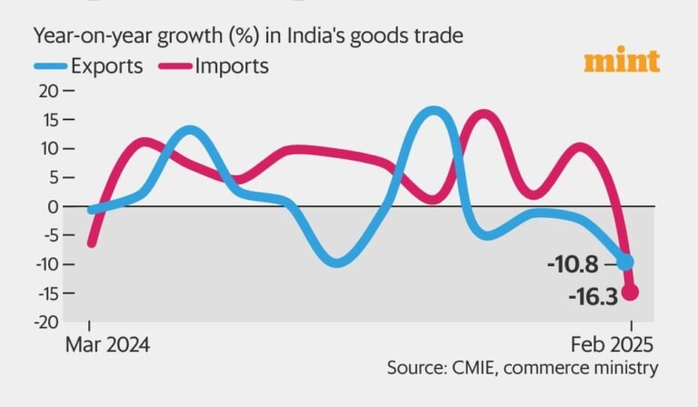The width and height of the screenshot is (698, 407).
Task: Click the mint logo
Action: click(622, 62)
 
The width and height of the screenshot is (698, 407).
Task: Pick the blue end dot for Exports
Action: click(626, 262)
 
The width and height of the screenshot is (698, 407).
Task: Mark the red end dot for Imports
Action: click(629, 293)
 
